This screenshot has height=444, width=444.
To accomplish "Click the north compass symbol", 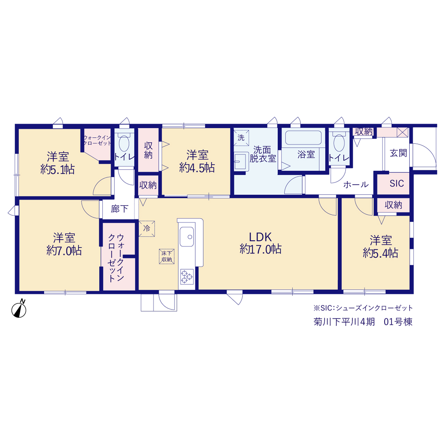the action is pyautogui.click(x=19, y=309).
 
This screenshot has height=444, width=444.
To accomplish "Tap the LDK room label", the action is pyautogui.click(x=261, y=237).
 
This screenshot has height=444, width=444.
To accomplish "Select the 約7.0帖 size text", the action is pyautogui.click(x=64, y=250).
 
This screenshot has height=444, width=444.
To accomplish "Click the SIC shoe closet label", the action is pyautogui.click(x=396, y=183).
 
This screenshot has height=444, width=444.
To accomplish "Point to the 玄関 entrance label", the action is pyautogui.click(x=398, y=153).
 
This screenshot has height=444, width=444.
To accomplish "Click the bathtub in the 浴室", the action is pyautogui.click(x=303, y=138).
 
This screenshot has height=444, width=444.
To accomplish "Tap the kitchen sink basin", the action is pyautogui.click(x=187, y=237).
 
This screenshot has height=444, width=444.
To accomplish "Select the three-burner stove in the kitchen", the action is pyautogui.click(x=187, y=276).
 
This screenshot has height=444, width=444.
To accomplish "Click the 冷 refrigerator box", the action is pyautogui.click(x=146, y=228).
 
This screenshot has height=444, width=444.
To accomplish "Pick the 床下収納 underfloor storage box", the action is pyautogui.click(x=166, y=256).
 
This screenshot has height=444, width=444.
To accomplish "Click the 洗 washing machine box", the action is pyautogui.click(x=241, y=138).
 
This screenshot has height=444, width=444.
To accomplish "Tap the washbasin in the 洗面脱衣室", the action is pyautogui.click(x=241, y=161).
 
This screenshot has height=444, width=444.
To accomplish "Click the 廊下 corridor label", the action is pyautogui.click(x=119, y=209).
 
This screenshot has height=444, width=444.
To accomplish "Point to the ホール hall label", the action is pyautogui.click(x=356, y=185).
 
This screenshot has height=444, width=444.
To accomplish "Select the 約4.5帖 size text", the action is pyautogui.click(x=197, y=168).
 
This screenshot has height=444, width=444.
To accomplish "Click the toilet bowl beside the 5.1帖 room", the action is pyautogui.click(x=124, y=143).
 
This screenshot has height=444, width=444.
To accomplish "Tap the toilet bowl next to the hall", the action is pyautogui.click(x=339, y=143).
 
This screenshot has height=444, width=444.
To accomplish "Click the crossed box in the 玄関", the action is pyautogui.click(x=402, y=133).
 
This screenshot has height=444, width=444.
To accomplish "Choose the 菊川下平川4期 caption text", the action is pyautogui.click(x=344, y=322).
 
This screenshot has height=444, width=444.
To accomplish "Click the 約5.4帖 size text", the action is pyautogui.click(x=381, y=253).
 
